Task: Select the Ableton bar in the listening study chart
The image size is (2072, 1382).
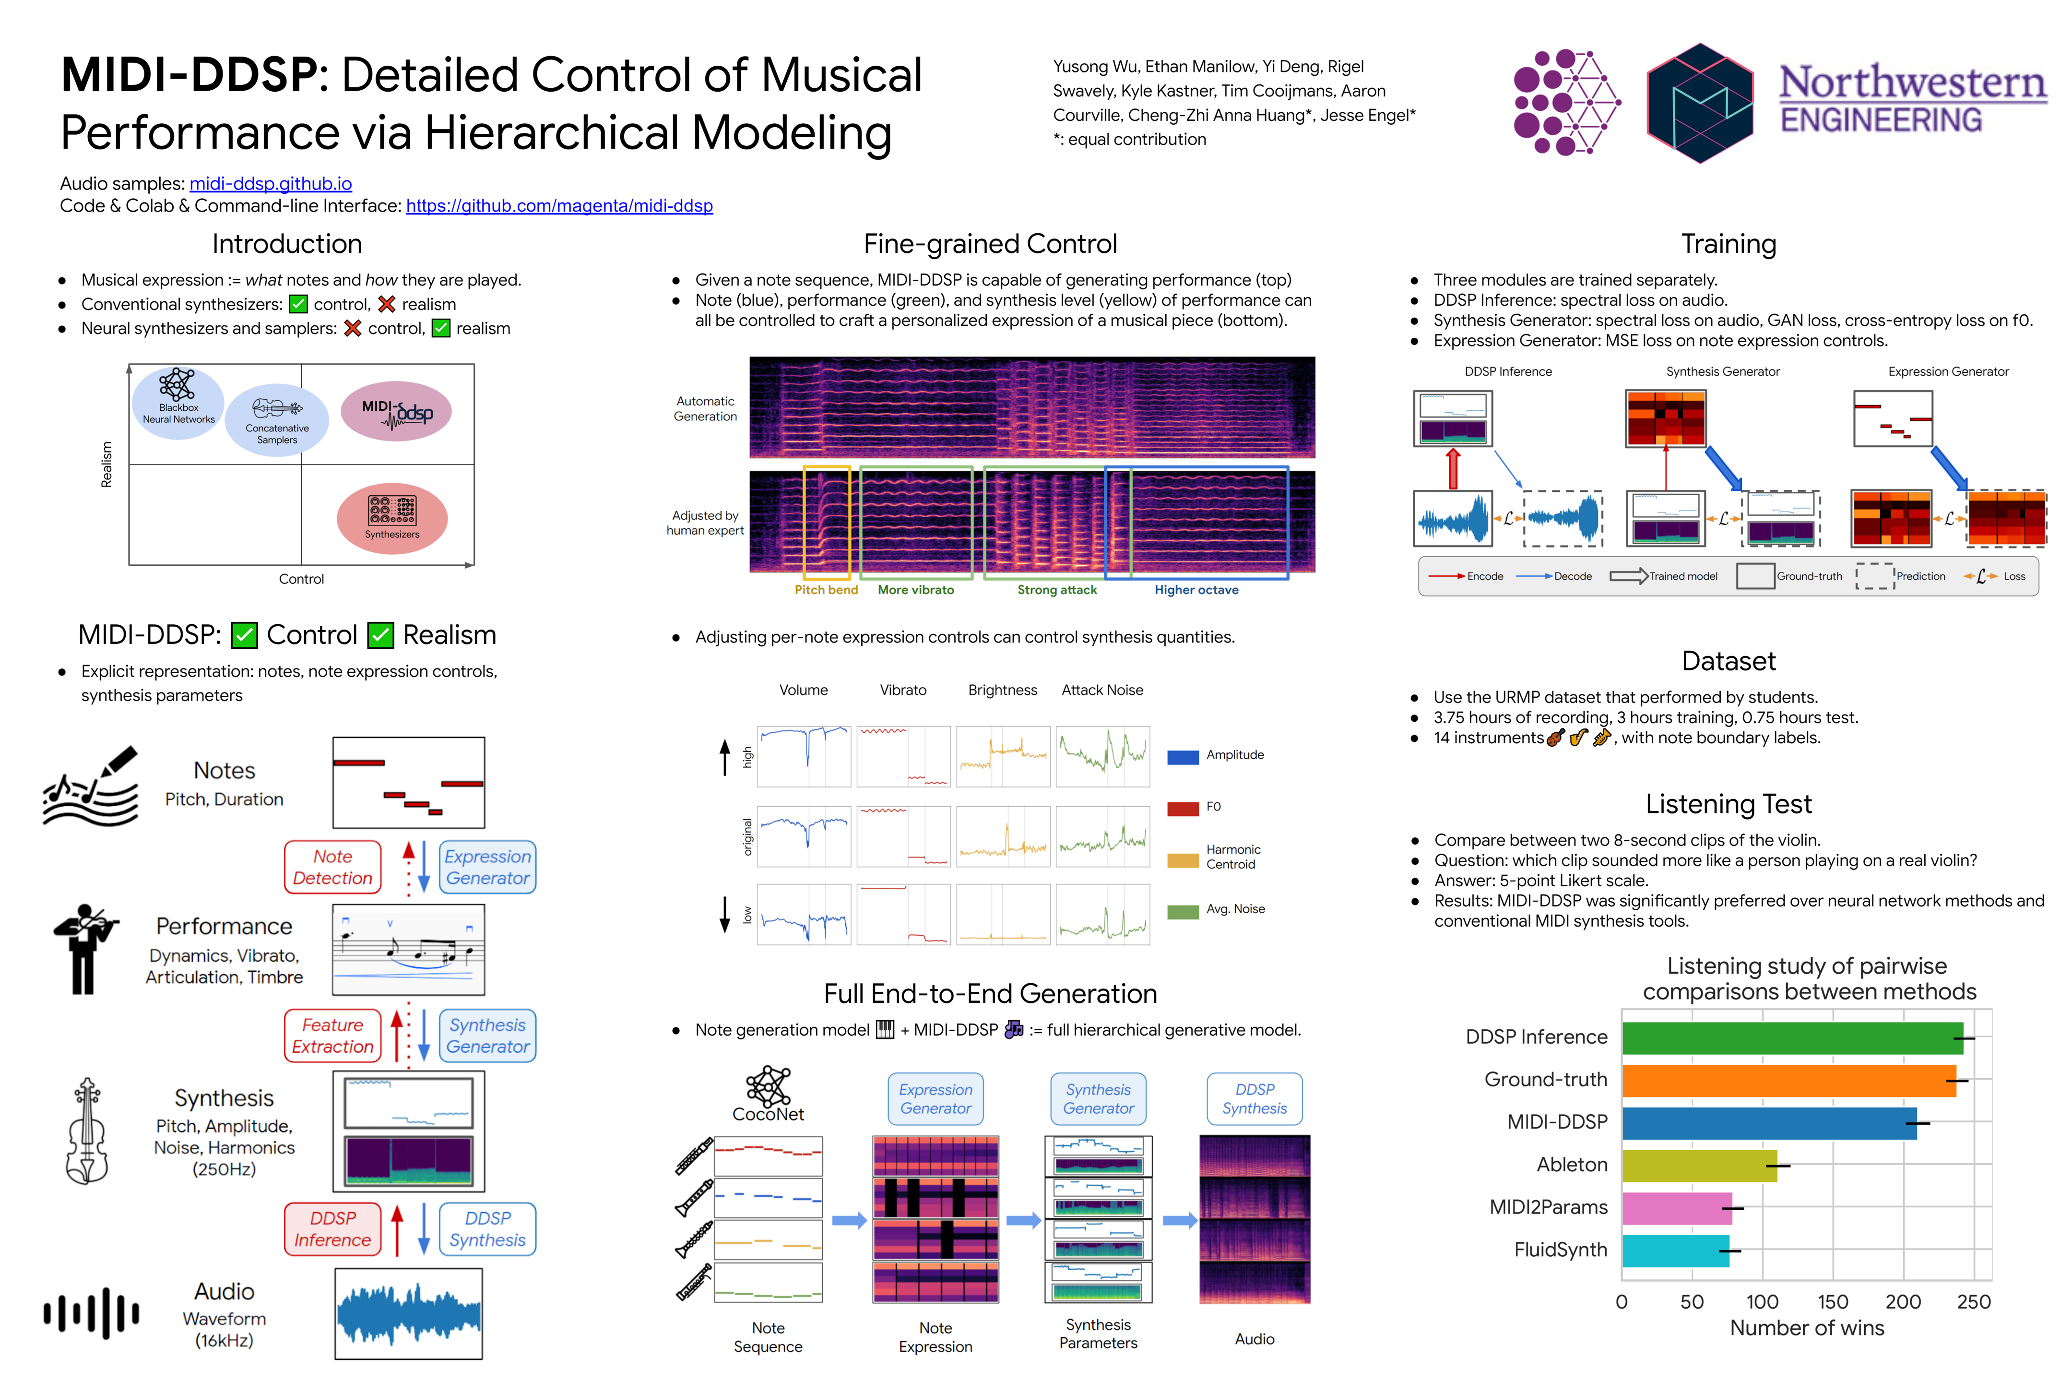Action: click(x=1698, y=1165)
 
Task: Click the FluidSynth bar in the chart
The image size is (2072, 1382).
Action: click(x=1675, y=1251)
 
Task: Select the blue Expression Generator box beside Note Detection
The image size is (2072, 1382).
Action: click(x=487, y=867)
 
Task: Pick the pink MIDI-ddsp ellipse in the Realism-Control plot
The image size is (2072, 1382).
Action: click(x=396, y=412)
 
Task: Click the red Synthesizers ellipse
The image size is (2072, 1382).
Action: click(x=392, y=518)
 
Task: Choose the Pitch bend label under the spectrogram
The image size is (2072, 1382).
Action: click(x=826, y=590)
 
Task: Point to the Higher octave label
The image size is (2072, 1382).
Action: click(x=1196, y=590)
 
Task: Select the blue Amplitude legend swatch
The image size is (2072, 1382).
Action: click(x=1182, y=756)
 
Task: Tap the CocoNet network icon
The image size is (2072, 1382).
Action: click(x=768, y=1086)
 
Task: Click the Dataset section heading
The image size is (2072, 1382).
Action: click(x=1728, y=661)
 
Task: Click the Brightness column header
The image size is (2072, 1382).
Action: click(x=1002, y=690)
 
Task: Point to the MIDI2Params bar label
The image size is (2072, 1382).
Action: click(x=1548, y=1207)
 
